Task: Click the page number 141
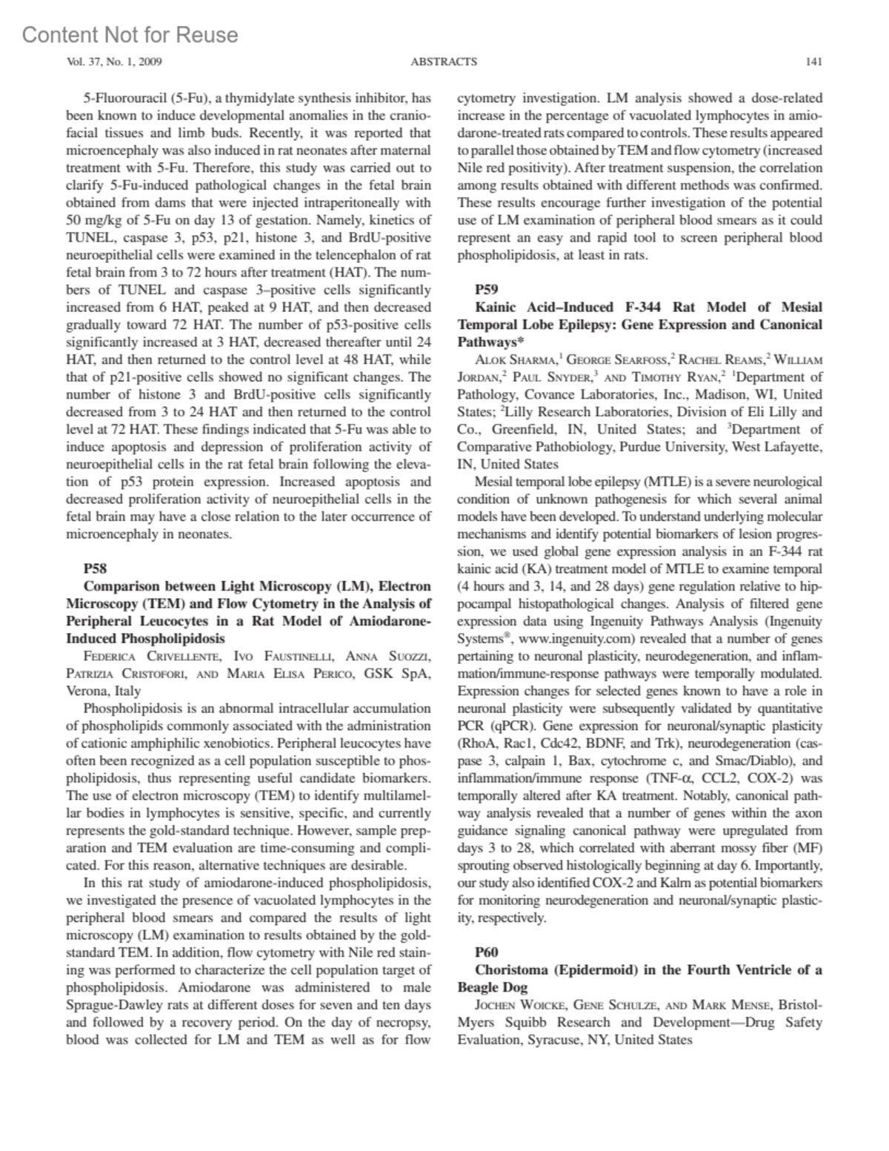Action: click(813, 62)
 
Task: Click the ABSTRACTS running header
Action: click(444, 62)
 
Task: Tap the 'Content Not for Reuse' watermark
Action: click(130, 35)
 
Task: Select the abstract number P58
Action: click(96, 568)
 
